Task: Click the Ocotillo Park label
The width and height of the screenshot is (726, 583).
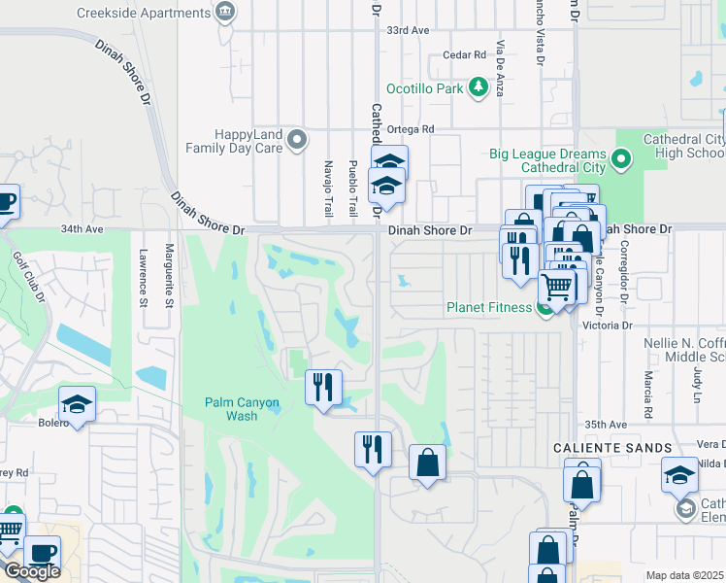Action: [424, 88]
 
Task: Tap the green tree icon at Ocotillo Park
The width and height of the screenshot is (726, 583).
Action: [478, 88]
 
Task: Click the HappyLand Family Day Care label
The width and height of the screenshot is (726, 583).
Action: [248, 142]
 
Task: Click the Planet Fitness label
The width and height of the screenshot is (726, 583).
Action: [489, 308]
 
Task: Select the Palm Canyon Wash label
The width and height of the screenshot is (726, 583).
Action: [242, 409]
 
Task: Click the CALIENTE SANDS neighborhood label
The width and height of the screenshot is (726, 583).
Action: [612, 448]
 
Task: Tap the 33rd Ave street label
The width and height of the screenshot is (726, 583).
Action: [408, 31]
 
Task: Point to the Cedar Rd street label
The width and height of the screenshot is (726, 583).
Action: [463, 55]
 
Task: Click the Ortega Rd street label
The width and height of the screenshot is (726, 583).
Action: [413, 128]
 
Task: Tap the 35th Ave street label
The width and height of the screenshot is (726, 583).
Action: [607, 425]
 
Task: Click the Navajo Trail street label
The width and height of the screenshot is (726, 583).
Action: [328, 188]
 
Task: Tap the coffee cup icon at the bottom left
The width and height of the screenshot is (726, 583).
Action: [41, 552]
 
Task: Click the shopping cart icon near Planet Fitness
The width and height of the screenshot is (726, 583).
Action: [556, 287]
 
